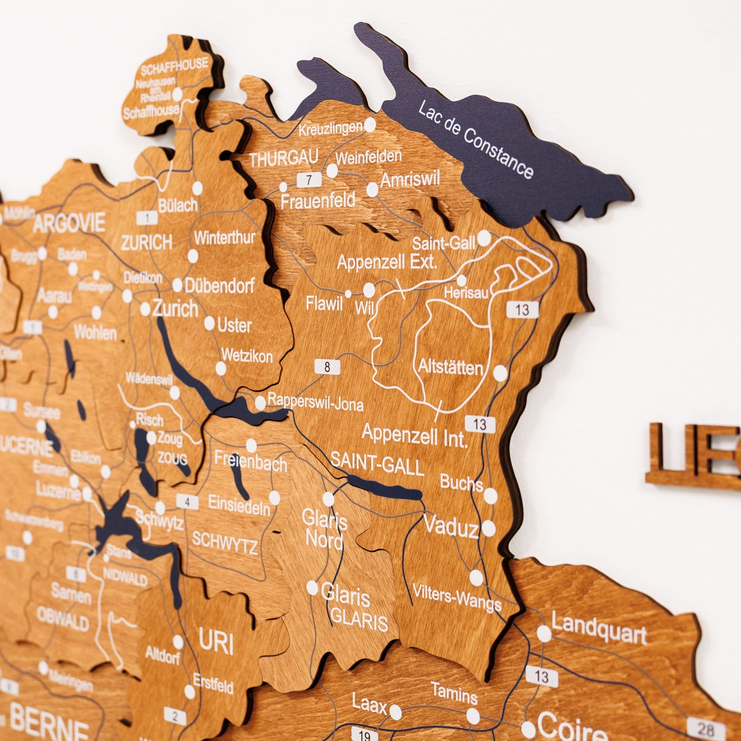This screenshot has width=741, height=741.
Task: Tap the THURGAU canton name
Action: [x=284, y=159]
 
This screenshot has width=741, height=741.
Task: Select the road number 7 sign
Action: [x=309, y=179]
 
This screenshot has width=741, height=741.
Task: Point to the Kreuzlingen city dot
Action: [x=370, y=124]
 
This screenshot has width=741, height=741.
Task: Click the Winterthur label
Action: [x=225, y=238]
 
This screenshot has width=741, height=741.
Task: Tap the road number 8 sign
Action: [x=327, y=367]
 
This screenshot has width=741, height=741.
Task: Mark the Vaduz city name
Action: [x=451, y=526]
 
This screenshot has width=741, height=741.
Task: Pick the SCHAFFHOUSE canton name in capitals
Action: [x=175, y=66]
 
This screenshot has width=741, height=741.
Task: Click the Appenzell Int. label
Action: [x=414, y=435]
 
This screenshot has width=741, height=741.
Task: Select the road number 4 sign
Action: [x=187, y=502]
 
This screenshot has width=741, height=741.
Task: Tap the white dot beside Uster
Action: [x=209, y=323]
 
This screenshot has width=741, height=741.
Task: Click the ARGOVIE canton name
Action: [x=69, y=224]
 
